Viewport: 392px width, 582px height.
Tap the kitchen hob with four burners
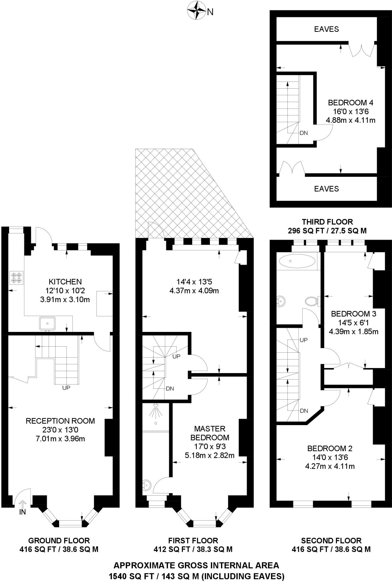[16, 278]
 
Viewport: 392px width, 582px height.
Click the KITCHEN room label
[65, 282]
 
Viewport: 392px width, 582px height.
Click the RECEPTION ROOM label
[60, 421]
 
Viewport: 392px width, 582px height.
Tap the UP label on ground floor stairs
[66, 388]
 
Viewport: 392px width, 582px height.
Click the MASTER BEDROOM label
[210, 433]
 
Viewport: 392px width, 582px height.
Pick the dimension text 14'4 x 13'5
[194, 282]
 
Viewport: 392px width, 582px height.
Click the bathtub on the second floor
[297, 261]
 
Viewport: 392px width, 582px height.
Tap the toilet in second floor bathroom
[311, 301]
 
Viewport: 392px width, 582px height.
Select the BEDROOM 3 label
[353, 314]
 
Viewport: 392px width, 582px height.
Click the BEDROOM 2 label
[330, 448]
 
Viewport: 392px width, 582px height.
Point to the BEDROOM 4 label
[350, 103]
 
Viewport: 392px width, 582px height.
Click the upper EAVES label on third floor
[326, 29]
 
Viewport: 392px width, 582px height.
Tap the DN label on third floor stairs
[303, 133]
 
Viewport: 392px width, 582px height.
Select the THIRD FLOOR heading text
[327, 222]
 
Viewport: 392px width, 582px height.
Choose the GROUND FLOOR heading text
[59, 541]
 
